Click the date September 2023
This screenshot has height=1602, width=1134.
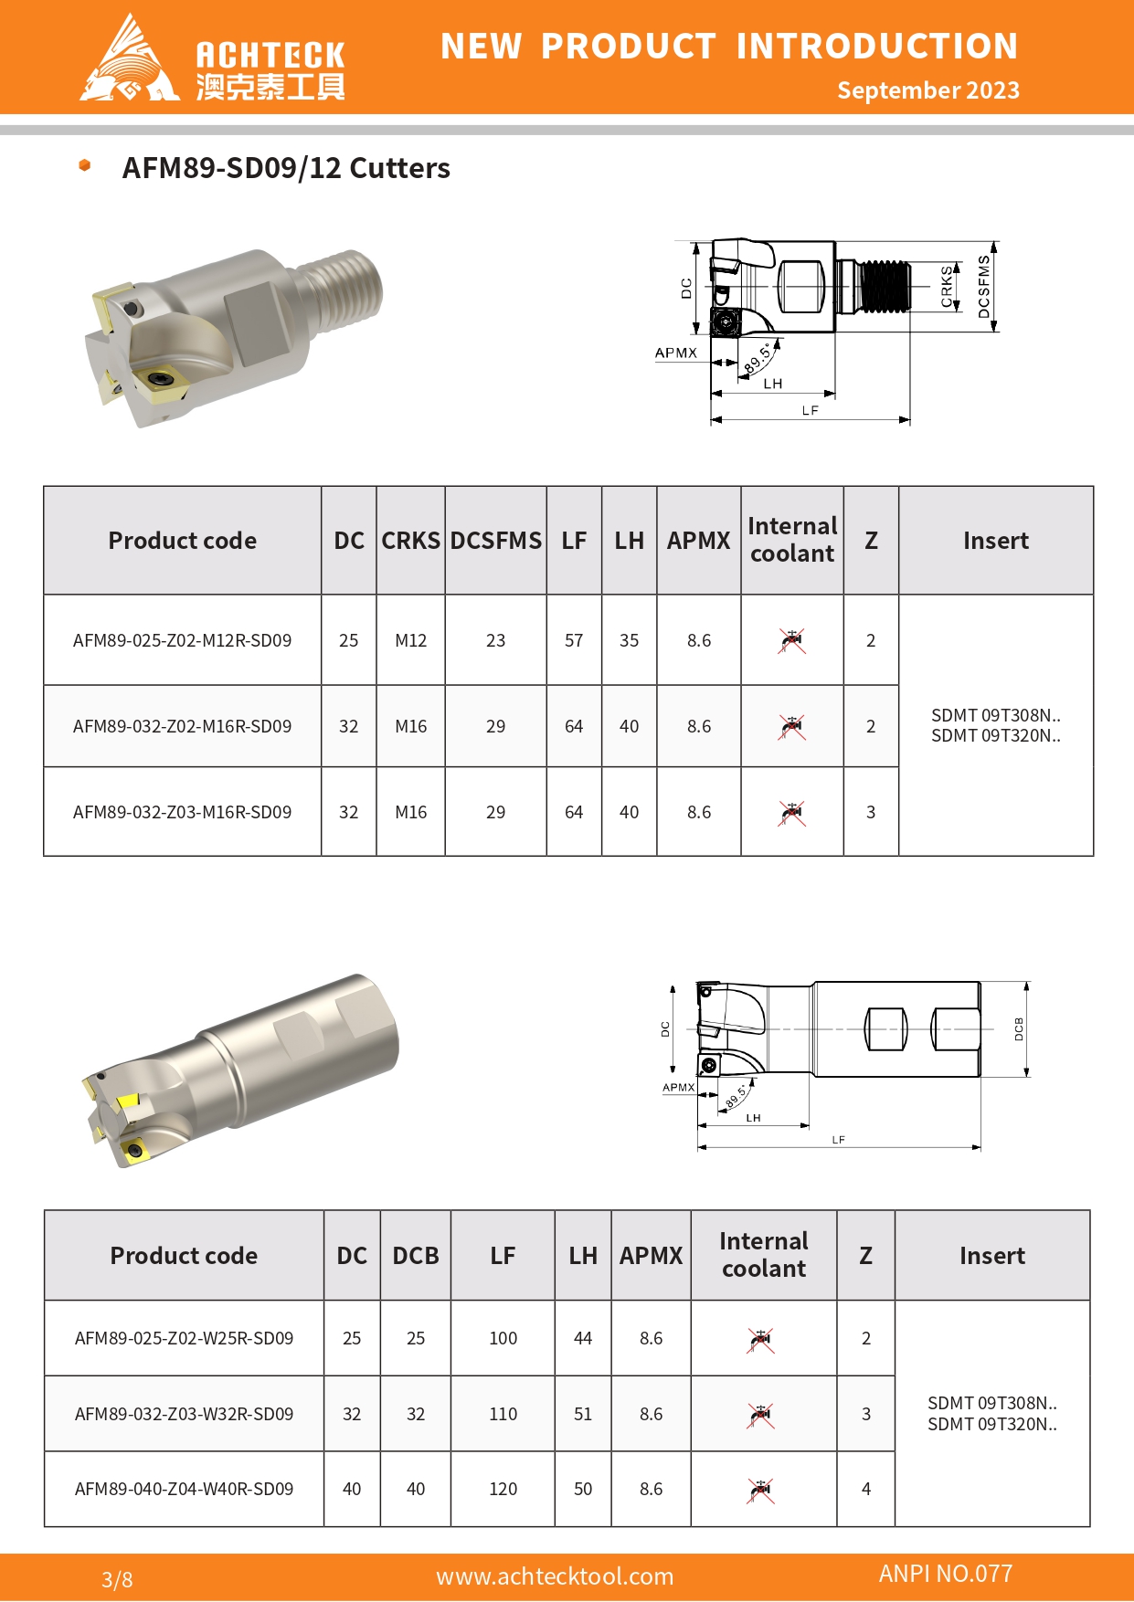927,90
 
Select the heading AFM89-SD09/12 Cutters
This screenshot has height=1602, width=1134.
286,169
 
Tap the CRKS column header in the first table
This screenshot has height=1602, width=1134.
410,541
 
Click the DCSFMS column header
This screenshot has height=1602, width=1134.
495,541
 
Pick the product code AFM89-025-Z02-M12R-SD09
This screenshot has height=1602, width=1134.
182,641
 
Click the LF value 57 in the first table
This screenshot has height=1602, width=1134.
574,641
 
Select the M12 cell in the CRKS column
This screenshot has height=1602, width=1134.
410,641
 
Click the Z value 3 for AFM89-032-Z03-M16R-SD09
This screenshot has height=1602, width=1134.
871,812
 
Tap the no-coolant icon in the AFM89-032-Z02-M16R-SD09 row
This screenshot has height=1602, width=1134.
791,727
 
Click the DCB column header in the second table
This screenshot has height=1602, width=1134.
416,1256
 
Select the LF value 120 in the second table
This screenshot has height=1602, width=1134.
503,1490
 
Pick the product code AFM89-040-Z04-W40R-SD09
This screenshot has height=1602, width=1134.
184,1490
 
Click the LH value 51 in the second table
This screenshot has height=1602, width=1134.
583,1414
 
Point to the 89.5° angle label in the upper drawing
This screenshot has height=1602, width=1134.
758,359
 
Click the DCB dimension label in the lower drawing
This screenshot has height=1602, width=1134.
1019,1029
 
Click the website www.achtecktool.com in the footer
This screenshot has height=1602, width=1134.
555,1576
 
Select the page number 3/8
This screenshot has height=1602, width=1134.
117,1579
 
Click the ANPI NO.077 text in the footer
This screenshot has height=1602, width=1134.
946,1574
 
